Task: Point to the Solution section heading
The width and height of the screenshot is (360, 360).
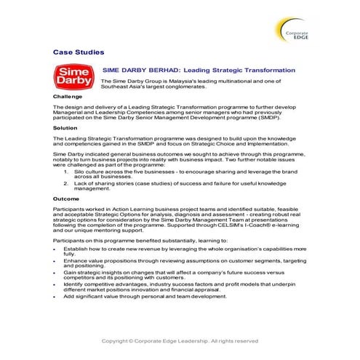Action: (65, 127)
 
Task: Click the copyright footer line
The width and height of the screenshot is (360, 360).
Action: (180, 340)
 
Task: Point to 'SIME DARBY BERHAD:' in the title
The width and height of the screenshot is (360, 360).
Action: (148, 70)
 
